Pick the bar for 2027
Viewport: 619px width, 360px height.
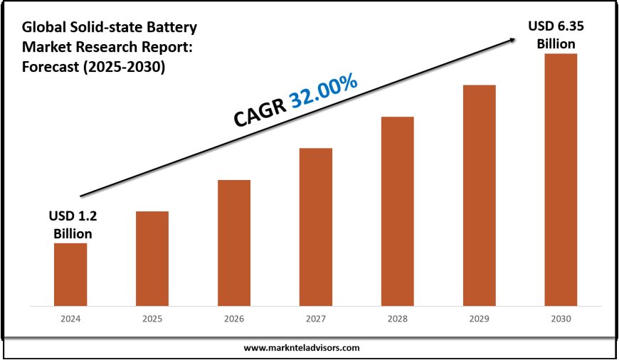(316, 227)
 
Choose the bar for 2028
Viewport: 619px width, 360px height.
(397, 211)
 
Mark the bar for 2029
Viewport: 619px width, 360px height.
(479, 196)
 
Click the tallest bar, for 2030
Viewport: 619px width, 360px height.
(561, 180)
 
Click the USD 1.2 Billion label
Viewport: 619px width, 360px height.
(70, 224)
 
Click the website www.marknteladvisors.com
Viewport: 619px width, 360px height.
(302, 348)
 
